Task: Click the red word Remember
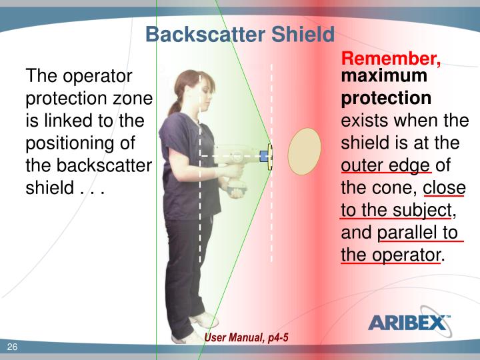pos(391,60)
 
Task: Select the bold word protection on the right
pos(386,99)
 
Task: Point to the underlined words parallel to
pos(418,233)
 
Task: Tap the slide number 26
pos(12,346)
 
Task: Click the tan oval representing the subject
pos(304,153)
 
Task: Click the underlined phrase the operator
pos(390,255)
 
